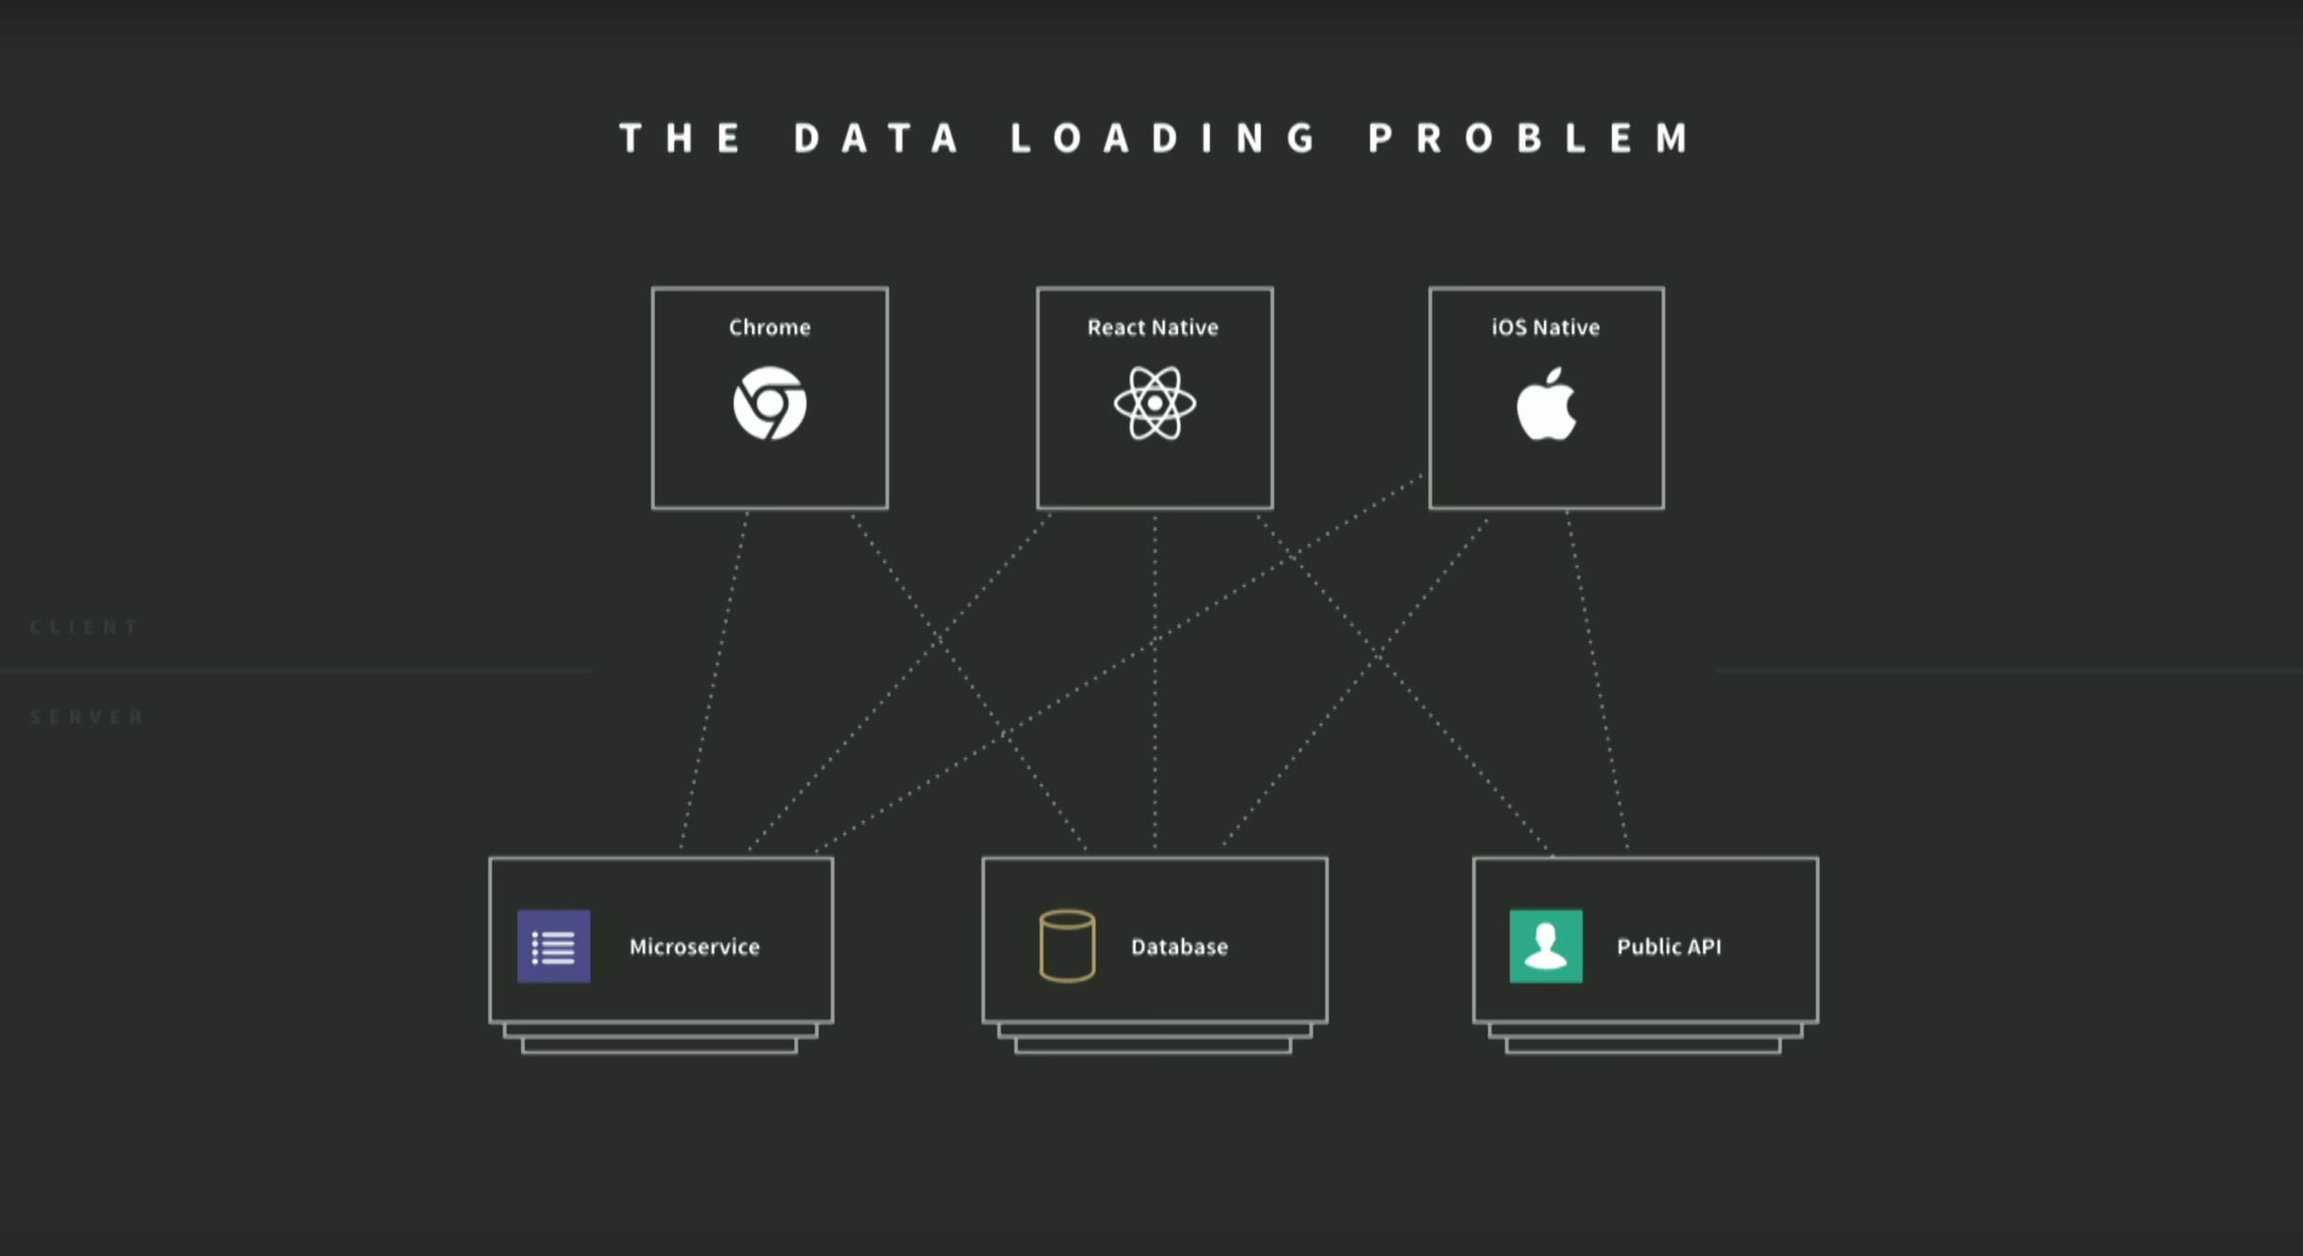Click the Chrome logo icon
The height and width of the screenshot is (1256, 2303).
tap(770, 404)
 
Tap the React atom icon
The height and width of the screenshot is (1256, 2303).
tap(1155, 404)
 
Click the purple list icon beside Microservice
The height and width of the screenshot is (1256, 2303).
tap(554, 946)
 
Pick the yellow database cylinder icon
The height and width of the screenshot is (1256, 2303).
tap(1066, 946)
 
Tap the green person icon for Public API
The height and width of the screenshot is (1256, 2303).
tap(1546, 946)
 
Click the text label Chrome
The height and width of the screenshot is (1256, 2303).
tap(770, 327)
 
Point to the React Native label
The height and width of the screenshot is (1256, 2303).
tap(1153, 327)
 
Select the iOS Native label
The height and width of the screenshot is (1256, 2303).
tap(1546, 327)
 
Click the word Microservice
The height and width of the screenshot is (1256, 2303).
tap(694, 947)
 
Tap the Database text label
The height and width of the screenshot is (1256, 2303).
tap(1179, 947)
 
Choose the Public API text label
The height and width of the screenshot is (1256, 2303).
tap(1668, 947)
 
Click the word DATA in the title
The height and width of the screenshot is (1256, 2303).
tap(877, 139)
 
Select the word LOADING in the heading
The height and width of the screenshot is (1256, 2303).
tap(1164, 139)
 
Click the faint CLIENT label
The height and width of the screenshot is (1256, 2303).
tap(85, 627)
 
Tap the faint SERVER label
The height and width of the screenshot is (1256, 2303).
tap(87, 716)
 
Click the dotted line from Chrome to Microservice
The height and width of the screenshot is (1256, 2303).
tap(714, 679)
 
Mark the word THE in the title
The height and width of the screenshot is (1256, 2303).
tap(681, 139)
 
